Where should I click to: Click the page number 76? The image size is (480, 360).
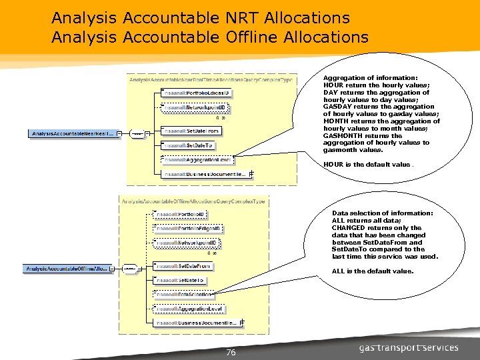click(x=231, y=353)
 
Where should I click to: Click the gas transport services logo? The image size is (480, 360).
click(x=408, y=348)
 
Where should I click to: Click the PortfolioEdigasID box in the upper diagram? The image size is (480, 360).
click(x=197, y=93)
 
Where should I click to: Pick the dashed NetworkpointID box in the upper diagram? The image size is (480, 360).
click(x=197, y=107)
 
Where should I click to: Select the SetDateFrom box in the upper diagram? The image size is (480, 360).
click(x=191, y=131)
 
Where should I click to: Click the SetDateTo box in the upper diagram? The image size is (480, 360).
click(x=188, y=145)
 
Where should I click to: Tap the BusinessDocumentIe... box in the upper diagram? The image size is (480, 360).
click(x=206, y=175)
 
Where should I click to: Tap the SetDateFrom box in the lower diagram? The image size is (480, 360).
click(x=183, y=266)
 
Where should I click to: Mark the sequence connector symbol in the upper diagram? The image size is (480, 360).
click(x=139, y=133)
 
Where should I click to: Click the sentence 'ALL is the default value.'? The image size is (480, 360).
click(x=372, y=271)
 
